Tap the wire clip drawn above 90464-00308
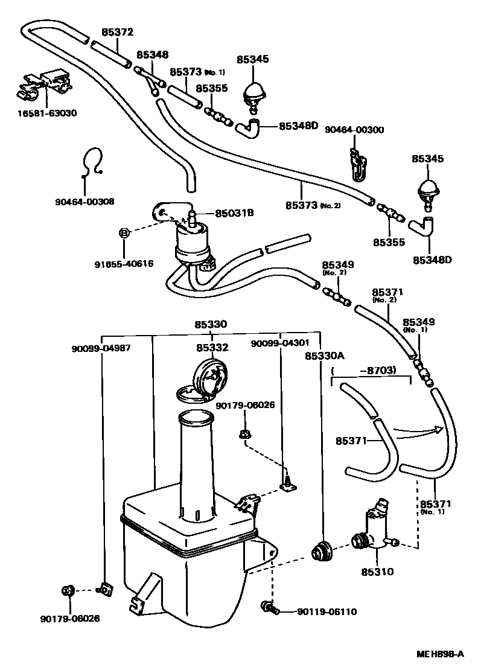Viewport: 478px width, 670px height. (x=92, y=162)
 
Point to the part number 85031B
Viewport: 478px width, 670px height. (x=234, y=212)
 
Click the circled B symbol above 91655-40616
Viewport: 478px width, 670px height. (x=123, y=233)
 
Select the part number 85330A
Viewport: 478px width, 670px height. (x=322, y=356)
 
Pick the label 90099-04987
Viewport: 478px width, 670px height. (x=101, y=348)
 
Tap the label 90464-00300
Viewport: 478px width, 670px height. (x=354, y=130)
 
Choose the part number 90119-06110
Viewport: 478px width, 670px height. (x=327, y=611)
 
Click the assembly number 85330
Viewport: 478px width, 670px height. (x=211, y=324)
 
